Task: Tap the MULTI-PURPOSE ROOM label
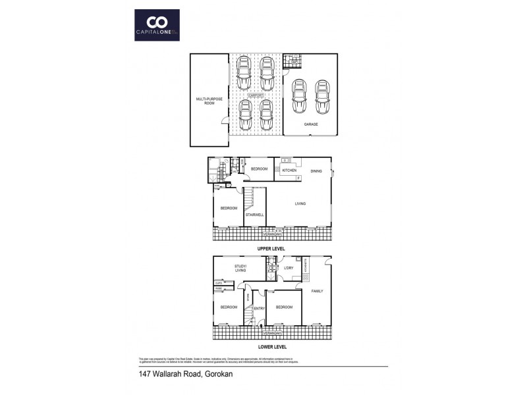click(x=206, y=101)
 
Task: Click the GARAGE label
click(x=311, y=124)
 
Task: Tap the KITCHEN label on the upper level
click(x=289, y=171)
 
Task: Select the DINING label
click(x=316, y=171)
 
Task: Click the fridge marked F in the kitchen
click(x=298, y=178)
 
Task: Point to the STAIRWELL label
click(x=254, y=215)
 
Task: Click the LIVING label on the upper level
click(x=300, y=204)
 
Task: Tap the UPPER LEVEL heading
click(x=271, y=250)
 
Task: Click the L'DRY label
click(x=289, y=267)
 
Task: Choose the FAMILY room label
click(x=318, y=290)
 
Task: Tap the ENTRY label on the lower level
click(x=259, y=308)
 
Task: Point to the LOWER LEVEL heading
click(x=271, y=346)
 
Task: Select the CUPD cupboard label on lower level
click(x=218, y=282)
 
